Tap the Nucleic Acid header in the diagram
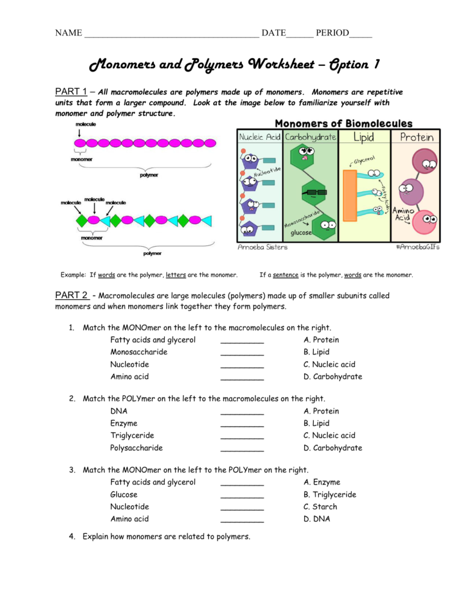coord(259,137)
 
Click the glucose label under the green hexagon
coord(301,232)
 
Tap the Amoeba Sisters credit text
coord(263,247)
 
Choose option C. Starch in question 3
coord(320,507)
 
